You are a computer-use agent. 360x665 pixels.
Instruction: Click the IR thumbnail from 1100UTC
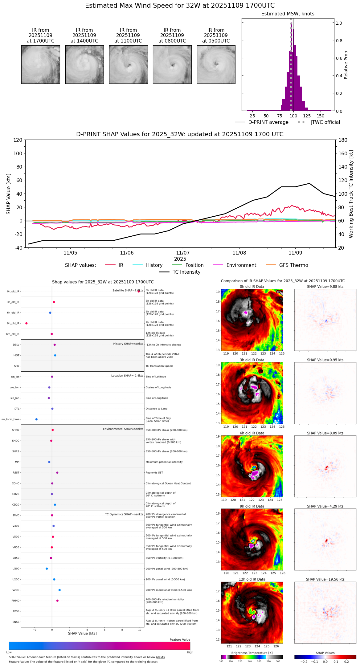(x=128, y=64)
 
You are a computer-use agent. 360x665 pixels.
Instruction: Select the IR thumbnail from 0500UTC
(x=216, y=64)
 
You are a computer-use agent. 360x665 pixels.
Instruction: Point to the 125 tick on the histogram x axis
(x=307, y=116)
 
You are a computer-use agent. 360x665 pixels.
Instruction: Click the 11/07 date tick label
(x=183, y=253)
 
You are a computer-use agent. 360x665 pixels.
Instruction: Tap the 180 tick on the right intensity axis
(x=343, y=140)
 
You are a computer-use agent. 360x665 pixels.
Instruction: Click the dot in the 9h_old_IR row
(x=27, y=323)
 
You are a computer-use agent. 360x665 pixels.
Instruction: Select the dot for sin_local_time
(x=36, y=419)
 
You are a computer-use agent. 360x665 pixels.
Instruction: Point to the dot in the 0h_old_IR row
(x=139, y=291)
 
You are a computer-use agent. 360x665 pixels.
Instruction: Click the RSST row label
(x=16, y=473)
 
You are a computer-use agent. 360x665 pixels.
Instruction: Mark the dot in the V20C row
(x=59, y=590)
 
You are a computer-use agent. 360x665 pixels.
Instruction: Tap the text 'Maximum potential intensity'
(x=164, y=462)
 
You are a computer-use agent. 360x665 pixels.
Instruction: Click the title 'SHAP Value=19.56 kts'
(x=325, y=579)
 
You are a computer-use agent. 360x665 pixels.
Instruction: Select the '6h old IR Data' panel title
(x=252, y=433)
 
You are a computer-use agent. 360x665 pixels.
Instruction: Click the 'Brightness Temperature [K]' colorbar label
(x=252, y=653)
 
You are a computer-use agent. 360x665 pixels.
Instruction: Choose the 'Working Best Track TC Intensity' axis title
(x=351, y=194)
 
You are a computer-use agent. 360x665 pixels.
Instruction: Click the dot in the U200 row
(x=47, y=569)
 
